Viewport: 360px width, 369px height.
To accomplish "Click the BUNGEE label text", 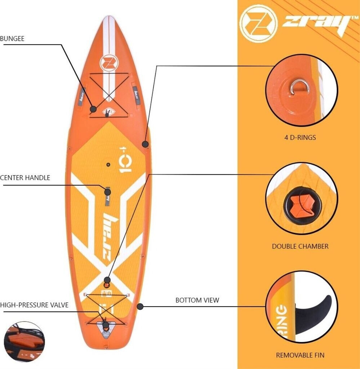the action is [x=12, y=39].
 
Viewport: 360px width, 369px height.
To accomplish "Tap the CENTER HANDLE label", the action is [x=25, y=178].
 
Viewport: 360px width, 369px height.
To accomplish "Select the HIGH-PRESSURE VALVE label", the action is [x=34, y=305].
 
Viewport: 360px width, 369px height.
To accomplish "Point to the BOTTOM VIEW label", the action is [x=197, y=300].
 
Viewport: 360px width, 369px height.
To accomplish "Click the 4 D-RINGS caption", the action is [x=300, y=137].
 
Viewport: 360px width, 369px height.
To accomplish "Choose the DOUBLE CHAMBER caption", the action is [x=300, y=246].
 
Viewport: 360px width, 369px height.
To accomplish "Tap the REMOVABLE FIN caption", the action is [x=300, y=355].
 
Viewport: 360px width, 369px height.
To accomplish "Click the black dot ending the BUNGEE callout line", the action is [x=94, y=108].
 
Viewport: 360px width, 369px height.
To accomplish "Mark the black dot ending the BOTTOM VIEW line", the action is [x=140, y=307].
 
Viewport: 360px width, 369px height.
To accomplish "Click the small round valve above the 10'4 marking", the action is [x=107, y=165].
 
